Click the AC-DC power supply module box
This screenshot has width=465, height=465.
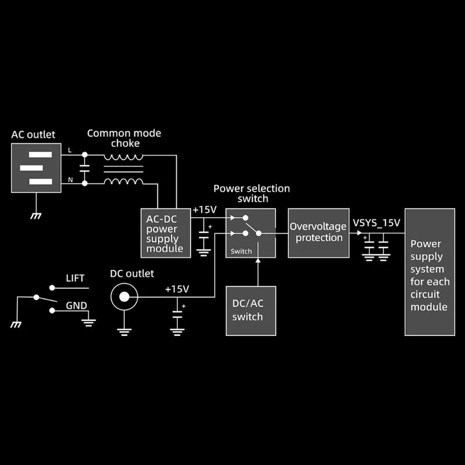point(166,233)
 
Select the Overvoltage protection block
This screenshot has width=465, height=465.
point(319,233)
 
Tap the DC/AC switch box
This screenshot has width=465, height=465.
point(251,310)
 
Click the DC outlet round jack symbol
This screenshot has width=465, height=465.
point(124,298)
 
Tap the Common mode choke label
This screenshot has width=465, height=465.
point(124,138)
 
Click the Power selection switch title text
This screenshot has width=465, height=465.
point(251,194)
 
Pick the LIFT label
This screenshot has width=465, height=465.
point(76,278)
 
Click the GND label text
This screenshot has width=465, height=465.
point(76,305)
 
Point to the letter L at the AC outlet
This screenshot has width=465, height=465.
point(70,151)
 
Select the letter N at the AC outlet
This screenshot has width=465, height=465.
point(70,180)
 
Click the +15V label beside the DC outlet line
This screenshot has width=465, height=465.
point(177,289)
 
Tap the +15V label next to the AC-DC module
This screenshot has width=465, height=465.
point(205,209)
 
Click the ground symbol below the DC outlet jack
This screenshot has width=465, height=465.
point(124,332)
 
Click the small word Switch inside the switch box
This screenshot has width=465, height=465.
point(241,251)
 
